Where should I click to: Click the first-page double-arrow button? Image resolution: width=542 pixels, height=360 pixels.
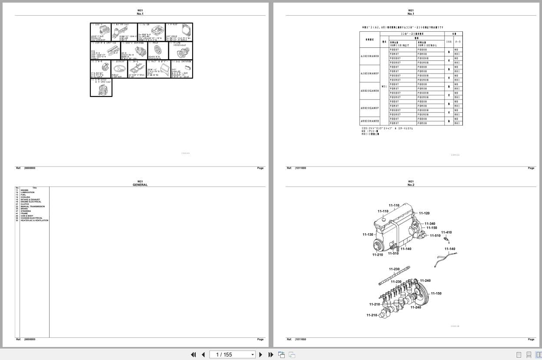(x=193, y=355)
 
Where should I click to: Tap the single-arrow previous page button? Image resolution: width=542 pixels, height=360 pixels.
(x=203, y=355)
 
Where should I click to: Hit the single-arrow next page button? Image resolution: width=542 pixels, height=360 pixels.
(x=261, y=355)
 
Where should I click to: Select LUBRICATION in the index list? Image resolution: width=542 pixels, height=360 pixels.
(x=27, y=192)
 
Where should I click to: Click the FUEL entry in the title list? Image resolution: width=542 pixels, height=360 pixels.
(x=23, y=195)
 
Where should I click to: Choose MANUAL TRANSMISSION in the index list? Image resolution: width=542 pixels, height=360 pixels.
(x=33, y=207)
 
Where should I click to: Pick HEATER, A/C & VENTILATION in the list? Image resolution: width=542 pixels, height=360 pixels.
(x=34, y=220)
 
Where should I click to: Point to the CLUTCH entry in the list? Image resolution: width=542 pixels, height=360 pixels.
(x=24, y=204)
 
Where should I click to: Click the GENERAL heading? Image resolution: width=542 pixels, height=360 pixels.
(x=140, y=185)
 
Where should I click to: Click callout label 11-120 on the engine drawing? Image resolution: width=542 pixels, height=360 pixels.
(x=424, y=213)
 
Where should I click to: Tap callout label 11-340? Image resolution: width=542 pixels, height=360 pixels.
(x=430, y=224)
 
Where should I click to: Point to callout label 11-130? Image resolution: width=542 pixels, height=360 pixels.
(x=368, y=235)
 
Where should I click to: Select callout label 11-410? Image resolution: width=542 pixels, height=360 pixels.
(x=446, y=232)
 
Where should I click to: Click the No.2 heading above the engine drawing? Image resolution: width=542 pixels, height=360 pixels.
(x=411, y=185)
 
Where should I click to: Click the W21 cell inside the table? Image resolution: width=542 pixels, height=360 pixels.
(x=384, y=87)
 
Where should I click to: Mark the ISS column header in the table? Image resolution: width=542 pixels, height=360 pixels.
(x=449, y=42)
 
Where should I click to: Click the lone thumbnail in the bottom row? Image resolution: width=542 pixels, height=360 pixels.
(x=101, y=87)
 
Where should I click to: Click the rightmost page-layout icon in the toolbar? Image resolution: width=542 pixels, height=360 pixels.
(x=538, y=355)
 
